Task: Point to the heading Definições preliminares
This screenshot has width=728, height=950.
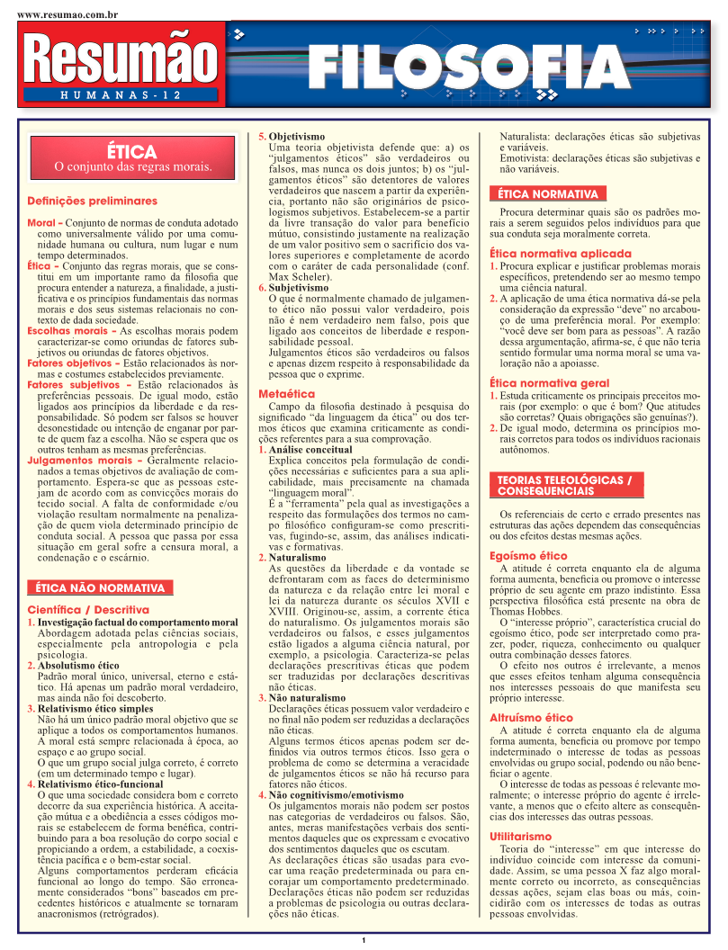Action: coord(92,201)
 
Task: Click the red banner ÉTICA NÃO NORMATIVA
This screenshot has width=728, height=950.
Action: coord(100,588)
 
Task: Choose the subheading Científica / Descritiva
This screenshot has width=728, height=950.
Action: coord(88,609)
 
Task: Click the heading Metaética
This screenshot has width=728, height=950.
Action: coord(286,394)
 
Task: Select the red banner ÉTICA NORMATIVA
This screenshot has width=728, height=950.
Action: coord(547,193)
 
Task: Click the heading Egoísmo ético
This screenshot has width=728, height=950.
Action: coord(528,556)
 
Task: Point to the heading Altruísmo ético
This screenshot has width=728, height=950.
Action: coord(531,717)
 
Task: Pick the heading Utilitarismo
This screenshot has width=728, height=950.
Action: coord(520,836)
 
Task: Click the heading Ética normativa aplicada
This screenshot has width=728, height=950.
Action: coord(561,254)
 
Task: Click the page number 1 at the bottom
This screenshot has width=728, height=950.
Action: coord(364,941)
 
